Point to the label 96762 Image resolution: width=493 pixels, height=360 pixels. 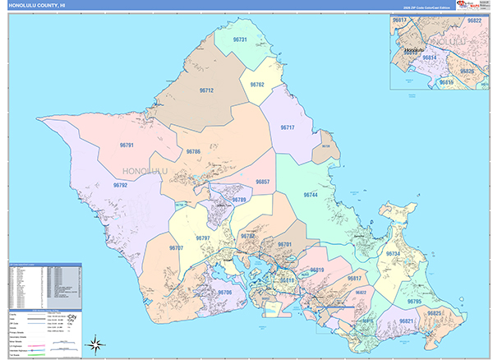coord(256,85)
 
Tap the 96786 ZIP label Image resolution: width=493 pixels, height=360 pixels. coord(193,152)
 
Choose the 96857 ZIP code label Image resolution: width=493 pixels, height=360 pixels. coord(262,182)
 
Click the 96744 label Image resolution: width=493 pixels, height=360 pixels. coord(311,195)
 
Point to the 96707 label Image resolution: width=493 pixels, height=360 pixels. coord(175,247)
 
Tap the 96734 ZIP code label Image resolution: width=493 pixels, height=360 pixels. coord(393,255)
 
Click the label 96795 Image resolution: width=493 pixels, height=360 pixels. coord(413,302)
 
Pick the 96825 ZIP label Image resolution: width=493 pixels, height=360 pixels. coord(435,314)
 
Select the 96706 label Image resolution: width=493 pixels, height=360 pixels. coord(224,293)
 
